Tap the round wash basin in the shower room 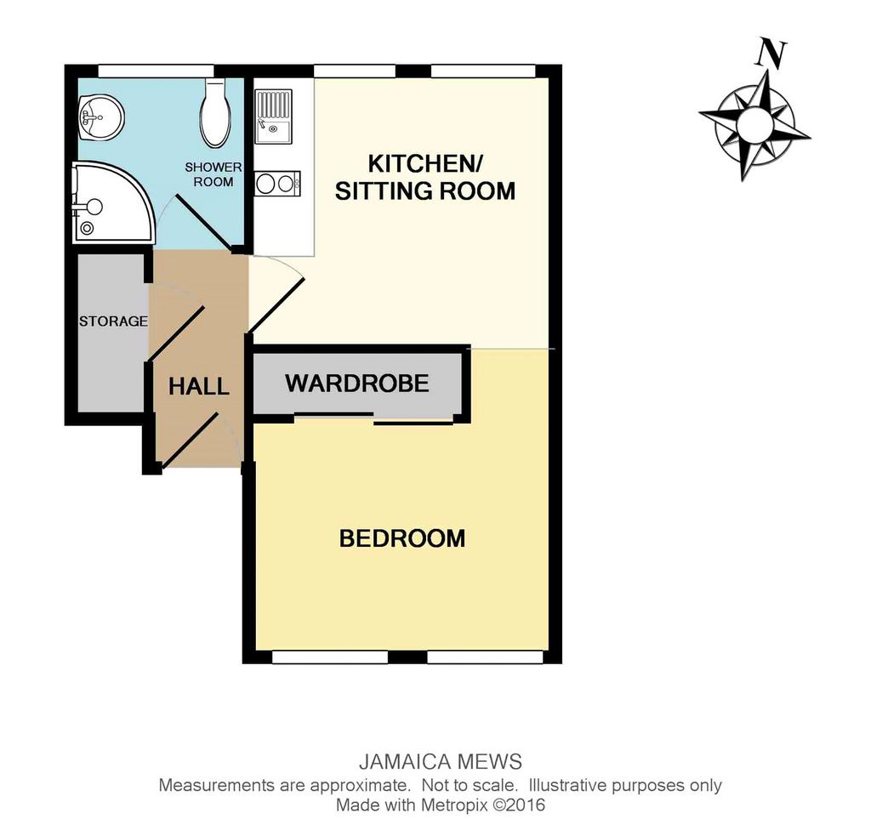(x=100, y=117)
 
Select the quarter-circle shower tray (x=113, y=202)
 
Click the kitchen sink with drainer (x=273, y=116)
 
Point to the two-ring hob (x=278, y=183)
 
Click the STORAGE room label (x=113, y=321)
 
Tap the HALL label (x=199, y=386)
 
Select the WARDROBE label (x=357, y=384)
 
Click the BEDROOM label (x=402, y=538)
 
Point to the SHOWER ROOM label (x=213, y=174)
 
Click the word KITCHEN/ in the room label (x=425, y=164)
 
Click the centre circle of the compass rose (x=754, y=124)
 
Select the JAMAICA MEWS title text (x=441, y=762)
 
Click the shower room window (x=157, y=71)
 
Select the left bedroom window (x=330, y=657)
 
